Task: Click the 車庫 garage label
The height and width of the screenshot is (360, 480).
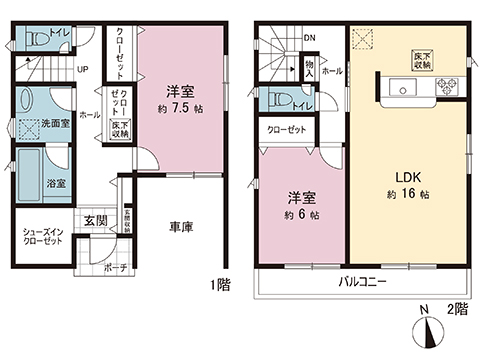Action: tap(181, 226)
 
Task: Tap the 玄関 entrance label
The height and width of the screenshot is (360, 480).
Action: tap(95, 220)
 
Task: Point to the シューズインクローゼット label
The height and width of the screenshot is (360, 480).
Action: tap(43, 238)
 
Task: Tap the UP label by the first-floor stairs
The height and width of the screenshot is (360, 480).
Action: tap(82, 70)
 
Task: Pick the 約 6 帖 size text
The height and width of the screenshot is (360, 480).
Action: tap(300, 216)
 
